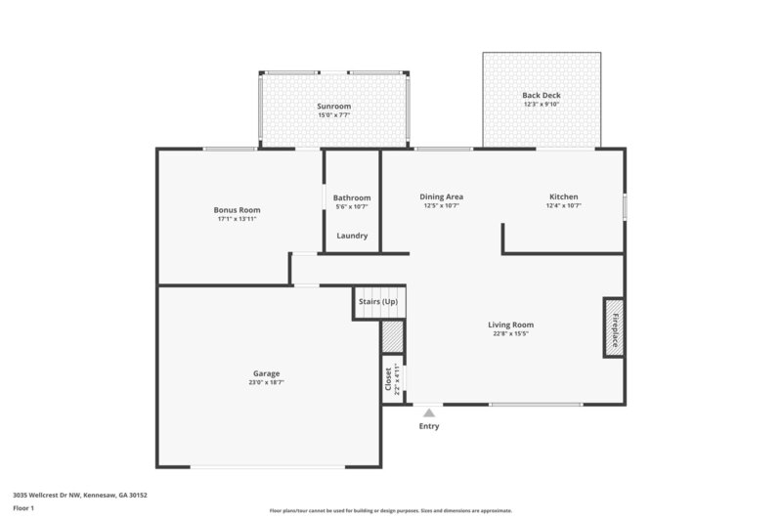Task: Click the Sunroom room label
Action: pyautogui.click(x=333, y=106)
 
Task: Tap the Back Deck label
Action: pyautogui.click(x=541, y=95)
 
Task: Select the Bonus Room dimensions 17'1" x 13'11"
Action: pyautogui.click(x=237, y=219)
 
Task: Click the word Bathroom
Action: pyautogui.click(x=352, y=197)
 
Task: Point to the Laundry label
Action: pyautogui.click(x=352, y=236)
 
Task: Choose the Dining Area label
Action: pyautogui.click(x=441, y=196)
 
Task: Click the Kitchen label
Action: pyautogui.click(x=563, y=196)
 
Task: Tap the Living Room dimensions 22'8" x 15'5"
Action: pyautogui.click(x=510, y=334)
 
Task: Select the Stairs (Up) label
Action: pyautogui.click(x=378, y=302)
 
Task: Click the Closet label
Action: pyautogui.click(x=388, y=378)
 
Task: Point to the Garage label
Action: pyautogui.click(x=266, y=373)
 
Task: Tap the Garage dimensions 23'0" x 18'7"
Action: pyautogui.click(x=266, y=383)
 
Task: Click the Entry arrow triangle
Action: pyautogui.click(x=428, y=413)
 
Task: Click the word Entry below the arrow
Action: pyautogui.click(x=429, y=426)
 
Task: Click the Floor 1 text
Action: pyautogui.click(x=23, y=508)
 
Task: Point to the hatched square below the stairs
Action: pyautogui.click(x=391, y=336)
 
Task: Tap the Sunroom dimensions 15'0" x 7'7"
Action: pyautogui.click(x=333, y=115)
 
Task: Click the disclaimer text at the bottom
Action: pyautogui.click(x=391, y=510)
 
